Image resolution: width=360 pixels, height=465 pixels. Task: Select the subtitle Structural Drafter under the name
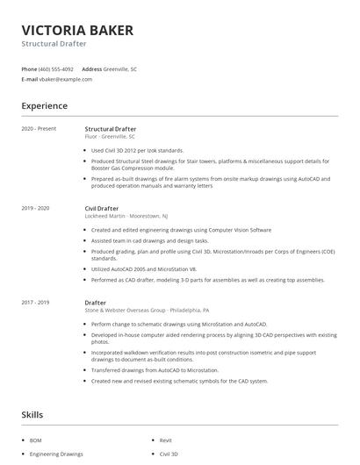[x=54, y=44]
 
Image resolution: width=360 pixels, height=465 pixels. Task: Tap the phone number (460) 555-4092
[x=56, y=68]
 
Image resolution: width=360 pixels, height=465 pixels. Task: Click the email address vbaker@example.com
[x=65, y=79]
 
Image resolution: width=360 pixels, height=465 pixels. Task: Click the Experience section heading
[x=44, y=106]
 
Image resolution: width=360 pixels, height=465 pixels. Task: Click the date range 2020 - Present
[x=39, y=129]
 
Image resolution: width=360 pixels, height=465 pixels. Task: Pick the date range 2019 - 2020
[x=36, y=208]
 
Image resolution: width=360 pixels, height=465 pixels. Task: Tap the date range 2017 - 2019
[x=36, y=302]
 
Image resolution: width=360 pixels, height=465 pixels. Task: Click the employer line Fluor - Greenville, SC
[x=110, y=137]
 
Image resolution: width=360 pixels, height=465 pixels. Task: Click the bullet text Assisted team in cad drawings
[x=149, y=240]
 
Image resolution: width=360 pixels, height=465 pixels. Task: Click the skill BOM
[x=36, y=440]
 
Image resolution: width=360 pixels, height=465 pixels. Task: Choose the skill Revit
[x=166, y=440]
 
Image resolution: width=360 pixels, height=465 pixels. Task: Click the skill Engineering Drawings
[x=56, y=454]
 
